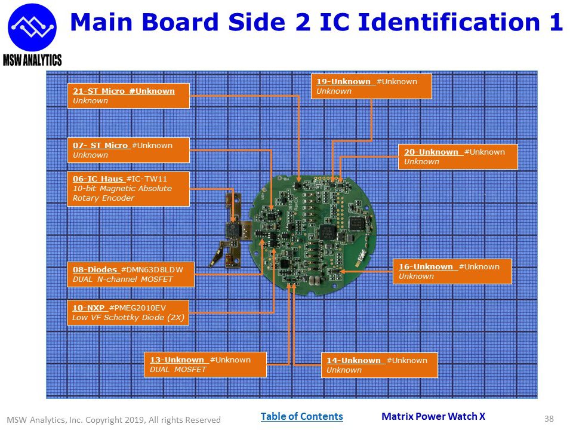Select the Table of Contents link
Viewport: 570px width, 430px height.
[x=301, y=416]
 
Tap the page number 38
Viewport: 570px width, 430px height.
[x=550, y=419]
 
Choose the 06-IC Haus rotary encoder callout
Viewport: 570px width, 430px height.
[x=128, y=189]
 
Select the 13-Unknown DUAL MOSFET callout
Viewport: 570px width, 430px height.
[x=205, y=365]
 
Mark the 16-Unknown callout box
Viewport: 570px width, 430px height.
[x=452, y=271]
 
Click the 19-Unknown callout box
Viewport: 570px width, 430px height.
[x=371, y=86]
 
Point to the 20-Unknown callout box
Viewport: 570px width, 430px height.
[x=457, y=156]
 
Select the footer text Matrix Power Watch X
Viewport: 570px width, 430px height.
[x=433, y=416]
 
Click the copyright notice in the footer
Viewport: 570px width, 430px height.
[x=113, y=420]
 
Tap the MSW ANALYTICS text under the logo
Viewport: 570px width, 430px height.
[x=32, y=60]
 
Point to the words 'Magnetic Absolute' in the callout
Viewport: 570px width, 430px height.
[x=134, y=189]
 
